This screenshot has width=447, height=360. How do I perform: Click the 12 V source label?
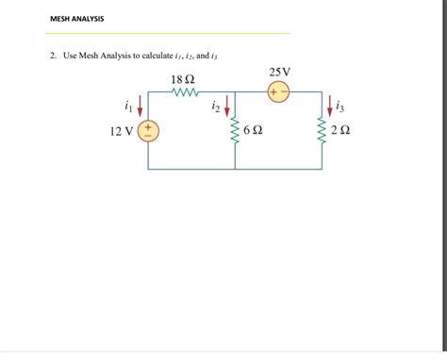tap(122, 132)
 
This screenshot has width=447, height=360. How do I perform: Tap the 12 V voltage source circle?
tap(148, 131)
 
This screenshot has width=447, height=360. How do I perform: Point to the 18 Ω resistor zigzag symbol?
tap(183, 93)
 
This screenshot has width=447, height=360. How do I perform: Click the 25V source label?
tap(280, 73)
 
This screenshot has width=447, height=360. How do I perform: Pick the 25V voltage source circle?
tap(279, 92)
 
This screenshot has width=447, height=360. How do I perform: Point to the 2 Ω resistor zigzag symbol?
tap(321, 132)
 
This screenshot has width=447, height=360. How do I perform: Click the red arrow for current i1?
tap(141, 105)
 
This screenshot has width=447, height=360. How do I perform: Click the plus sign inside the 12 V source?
tap(148, 125)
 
